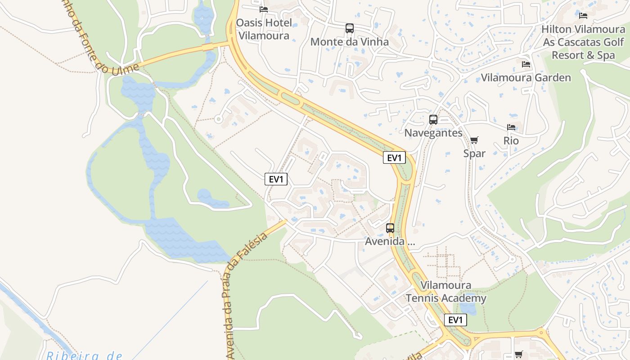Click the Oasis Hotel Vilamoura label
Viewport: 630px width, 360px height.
click(264, 29)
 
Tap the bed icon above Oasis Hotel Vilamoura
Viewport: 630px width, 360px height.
click(264, 9)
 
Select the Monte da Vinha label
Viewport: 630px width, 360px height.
click(350, 42)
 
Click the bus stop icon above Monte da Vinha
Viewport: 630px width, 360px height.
click(350, 28)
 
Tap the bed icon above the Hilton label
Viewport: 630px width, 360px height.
click(583, 16)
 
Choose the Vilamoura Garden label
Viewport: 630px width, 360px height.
click(526, 77)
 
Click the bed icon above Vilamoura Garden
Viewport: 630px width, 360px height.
click(526, 64)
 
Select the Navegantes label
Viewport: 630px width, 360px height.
click(433, 133)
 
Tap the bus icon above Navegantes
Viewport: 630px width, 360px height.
click(433, 120)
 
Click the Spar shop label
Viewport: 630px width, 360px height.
click(474, 153)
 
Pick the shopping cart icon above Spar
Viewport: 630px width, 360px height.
click(474, 140)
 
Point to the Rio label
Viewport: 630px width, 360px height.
click(511, 141)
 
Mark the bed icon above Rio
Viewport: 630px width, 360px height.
click(511, 127)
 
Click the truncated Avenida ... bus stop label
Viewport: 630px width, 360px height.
click(390, 241)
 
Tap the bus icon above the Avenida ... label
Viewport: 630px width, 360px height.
click(390, 228)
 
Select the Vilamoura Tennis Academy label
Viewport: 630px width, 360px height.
click(446, 292)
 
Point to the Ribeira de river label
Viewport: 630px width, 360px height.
click(84, 355)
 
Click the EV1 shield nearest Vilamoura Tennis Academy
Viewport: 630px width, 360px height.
click(455, 320)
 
